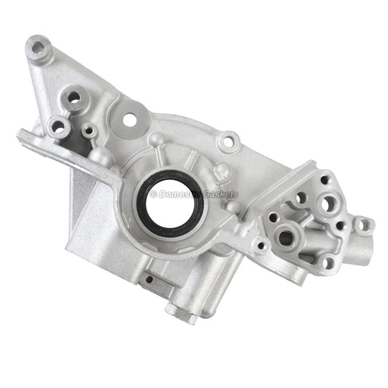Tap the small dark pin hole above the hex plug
(147, 278)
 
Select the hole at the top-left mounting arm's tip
(37, 48)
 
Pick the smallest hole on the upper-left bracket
(89, 131)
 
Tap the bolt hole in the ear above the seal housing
(227, 142)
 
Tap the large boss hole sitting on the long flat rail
(58, 125)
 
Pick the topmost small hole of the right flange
(324, 180)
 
